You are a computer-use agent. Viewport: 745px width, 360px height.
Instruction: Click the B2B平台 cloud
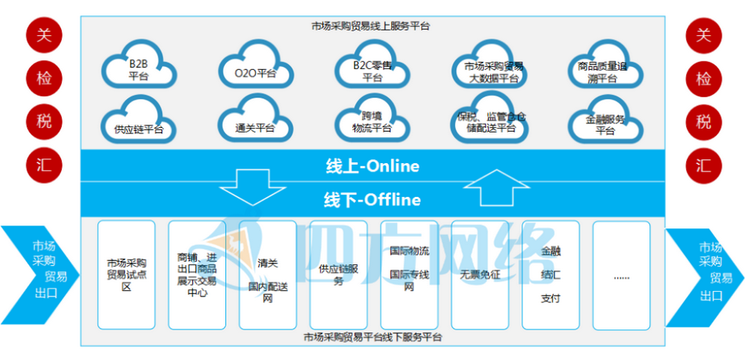pos(139,69)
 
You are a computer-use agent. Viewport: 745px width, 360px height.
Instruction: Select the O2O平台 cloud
pos(255,71)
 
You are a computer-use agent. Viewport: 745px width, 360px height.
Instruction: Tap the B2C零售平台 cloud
pos(372,71)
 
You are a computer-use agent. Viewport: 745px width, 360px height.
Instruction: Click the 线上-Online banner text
pos(372,166)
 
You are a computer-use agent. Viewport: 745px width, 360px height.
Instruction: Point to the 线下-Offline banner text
pos(372,200)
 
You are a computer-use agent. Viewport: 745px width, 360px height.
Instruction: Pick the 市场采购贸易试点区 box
pos(125,275)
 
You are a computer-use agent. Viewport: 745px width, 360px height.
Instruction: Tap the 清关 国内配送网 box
pos(267,275)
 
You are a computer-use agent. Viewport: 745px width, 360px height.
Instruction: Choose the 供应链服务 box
pos(338,275)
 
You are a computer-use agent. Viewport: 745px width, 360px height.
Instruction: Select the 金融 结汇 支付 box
pos(551,275)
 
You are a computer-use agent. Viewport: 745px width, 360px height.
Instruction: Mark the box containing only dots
pos(621,275)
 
